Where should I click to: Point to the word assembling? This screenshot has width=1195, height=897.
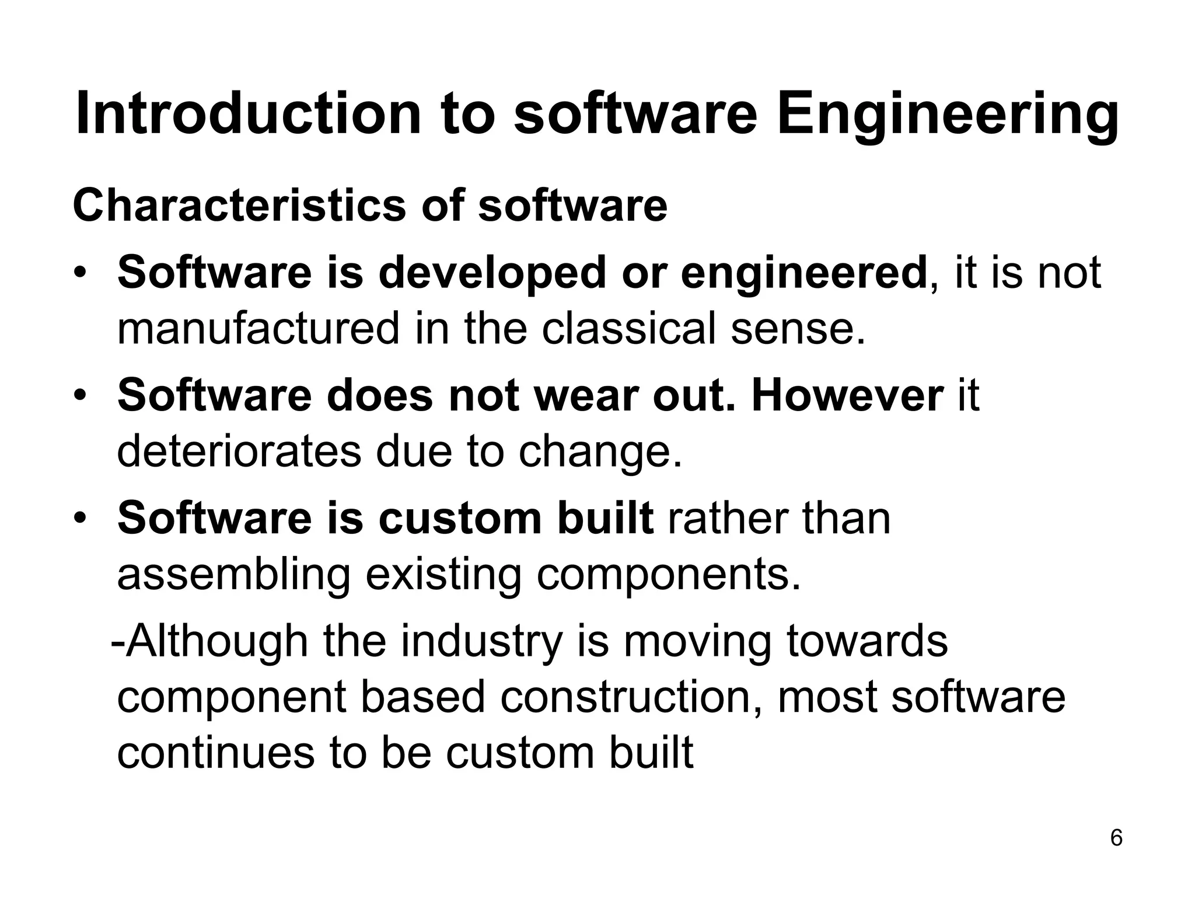point(234,576)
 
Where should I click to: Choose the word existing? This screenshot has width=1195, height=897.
point(443,576)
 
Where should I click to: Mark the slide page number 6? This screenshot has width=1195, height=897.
point(1116,838)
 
